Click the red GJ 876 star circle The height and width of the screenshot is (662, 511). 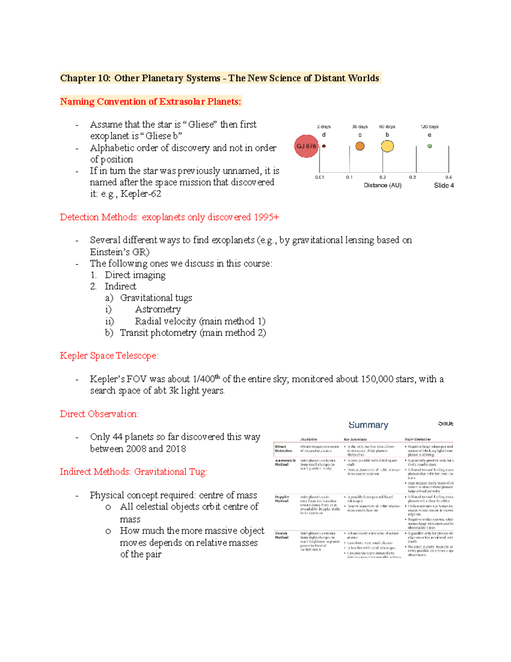pyautogui.click(x=307, y=146)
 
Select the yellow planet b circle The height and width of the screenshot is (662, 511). pyautogui.click(x=387, y=146)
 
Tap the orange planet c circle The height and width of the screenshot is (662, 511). pyautogui.click(x=360, y=146)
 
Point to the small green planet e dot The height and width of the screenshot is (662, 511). pyautogui.click(x=430, y=146)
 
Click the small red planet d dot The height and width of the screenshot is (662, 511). pyautogui.click(x=324, y=146)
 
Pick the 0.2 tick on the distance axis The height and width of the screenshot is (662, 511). pyautogui.click(x=382, y=177)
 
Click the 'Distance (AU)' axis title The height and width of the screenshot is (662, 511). pyautogui.click(x=382, y=185)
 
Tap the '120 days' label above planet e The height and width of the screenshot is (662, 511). pyautogui.click(x=429, y=127)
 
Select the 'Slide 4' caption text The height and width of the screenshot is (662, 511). pyautogui.click(x=444, y=185)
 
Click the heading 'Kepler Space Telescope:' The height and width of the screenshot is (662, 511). pyautogui.click(x=109, y=356)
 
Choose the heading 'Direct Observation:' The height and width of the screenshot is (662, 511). pyautogui.click(x=99, y=414)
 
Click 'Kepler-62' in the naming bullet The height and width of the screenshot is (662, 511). pyautogui.click(x=141, y=194)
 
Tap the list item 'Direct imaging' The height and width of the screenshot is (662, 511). pyautogui.click(x=135, y=275)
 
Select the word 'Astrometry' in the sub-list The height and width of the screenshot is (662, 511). pyautogui.click(x=158, y=309)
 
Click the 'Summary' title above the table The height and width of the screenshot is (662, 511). pyautogui.click(x=368, y=425)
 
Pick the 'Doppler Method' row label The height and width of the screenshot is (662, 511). pyautogui.click(x=282, y=499)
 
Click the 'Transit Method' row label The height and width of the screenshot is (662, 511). pyautogui.click(x=281, y=535)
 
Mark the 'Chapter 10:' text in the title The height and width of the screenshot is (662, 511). pyautogui.click(x=85, y=78)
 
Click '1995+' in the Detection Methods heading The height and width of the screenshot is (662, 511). pyautogui.click(x=267, y=217)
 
